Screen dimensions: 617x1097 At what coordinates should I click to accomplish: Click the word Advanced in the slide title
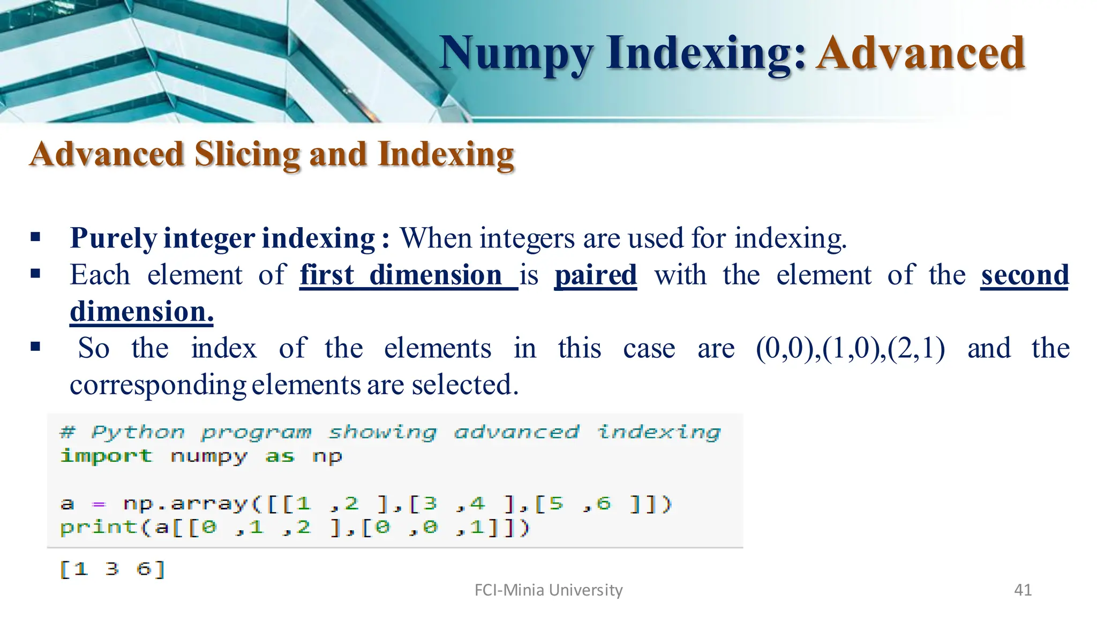pyautogui.click(x=920, y=53)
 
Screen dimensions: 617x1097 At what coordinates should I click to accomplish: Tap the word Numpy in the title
pyautogui.click(x=516, y=54)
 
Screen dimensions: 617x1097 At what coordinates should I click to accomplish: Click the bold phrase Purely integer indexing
pyautogui.click(x=222, y=238)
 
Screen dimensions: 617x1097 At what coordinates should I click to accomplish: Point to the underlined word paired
pyautogui.click(x=595, y=275)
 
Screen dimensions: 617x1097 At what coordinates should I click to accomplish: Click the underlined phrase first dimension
pyautogui.click(x=408, y=275)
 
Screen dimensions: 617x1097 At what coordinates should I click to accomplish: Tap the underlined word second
pyautogui.click(x=1024, y=275)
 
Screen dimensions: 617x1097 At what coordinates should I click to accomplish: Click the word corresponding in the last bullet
pyautogui.click(x=158, y=385)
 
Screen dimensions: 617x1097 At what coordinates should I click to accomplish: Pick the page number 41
pyautogui.click(x=1023, y=590)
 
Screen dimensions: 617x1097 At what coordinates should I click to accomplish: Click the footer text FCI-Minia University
pyautogui.click(x=548, y=590)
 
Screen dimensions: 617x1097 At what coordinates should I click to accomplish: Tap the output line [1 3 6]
pyautogui.click(x=112, y=569)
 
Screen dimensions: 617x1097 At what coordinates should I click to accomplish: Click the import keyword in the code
pyautogui.click(x=106, y=456)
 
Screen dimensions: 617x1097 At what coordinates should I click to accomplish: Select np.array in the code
pyautogui.click(x=185, y=504)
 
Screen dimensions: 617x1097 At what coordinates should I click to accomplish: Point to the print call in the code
pyautogui.click(x=99, y=528)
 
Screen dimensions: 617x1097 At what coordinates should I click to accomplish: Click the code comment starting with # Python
pyautogui.click(x=390, y=432)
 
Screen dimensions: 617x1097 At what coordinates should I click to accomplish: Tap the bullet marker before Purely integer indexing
pyautogui.click(x=36, y=237)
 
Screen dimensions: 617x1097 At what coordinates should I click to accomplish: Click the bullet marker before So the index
pyautogui.click(x=36, y=347)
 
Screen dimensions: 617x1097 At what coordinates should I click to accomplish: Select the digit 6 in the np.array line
pyautogui.click(x=603, y=503)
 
